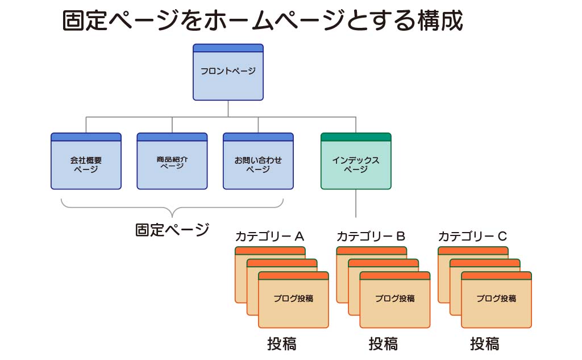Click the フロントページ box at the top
pyautogui.click(x=228, y=72)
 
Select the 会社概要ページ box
pyautogui.click(x=86, y=164)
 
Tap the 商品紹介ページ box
pyautogui.click(x=172, y=164)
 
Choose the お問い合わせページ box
pyautogui.click(x=258, y=164)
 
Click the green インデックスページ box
pyautogui.click(x=356, y=164)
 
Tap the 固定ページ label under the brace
pyautogui.click(x=172, y=230)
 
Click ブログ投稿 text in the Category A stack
pyautogui.click(x=293, y=299)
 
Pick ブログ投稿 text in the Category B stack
pyautogui.click(x=394, y=299)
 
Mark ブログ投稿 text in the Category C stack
pyautogui.click(x=496, y=299)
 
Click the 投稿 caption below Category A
pyautogui.click(x=282, y=344)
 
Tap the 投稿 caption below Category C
pyautogui.click(x=485, y=344)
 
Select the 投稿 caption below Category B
pyautogui.click(x=383, y=344)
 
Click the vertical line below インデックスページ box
pyautogui.click(x=356, y=203)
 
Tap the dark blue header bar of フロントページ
pyautogui.click(x=228, y=48)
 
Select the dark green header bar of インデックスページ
pyautogui.click(x=356, y=136)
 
